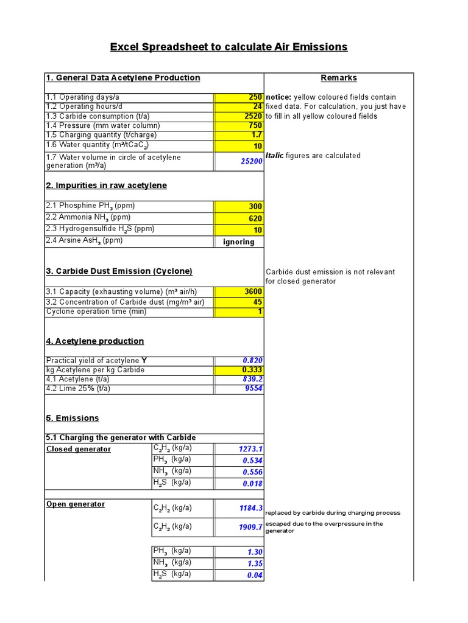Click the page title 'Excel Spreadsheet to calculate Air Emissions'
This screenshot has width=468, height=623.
[x=229, y=47]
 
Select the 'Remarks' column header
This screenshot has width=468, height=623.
[x=339, y=78]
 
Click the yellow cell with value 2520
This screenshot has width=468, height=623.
[x=239, y=116]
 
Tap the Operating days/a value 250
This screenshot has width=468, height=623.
[x=239, y=97]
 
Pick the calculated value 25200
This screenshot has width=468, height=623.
[x=239, y=161]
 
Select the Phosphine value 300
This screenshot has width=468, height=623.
[x=239, y=207]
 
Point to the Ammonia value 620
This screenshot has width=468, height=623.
[x=239, y=218]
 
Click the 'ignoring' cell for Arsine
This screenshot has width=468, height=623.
[x=239, y=242]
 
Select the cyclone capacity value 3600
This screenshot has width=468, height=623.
[x=239, y=292]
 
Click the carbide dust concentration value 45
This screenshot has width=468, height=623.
[x=239, y=302]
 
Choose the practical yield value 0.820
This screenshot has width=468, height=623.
[x=239, y=361]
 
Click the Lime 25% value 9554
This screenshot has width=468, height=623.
[x=239, y=388]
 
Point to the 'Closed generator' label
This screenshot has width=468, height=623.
[x=79, y=449]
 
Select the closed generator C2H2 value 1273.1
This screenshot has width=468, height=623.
[x=239, y=449]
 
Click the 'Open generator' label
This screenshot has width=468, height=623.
[x=76, y=504]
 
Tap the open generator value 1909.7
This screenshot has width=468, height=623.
[x=239, y=527]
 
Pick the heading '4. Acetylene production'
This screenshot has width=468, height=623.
[x=95, y=341]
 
